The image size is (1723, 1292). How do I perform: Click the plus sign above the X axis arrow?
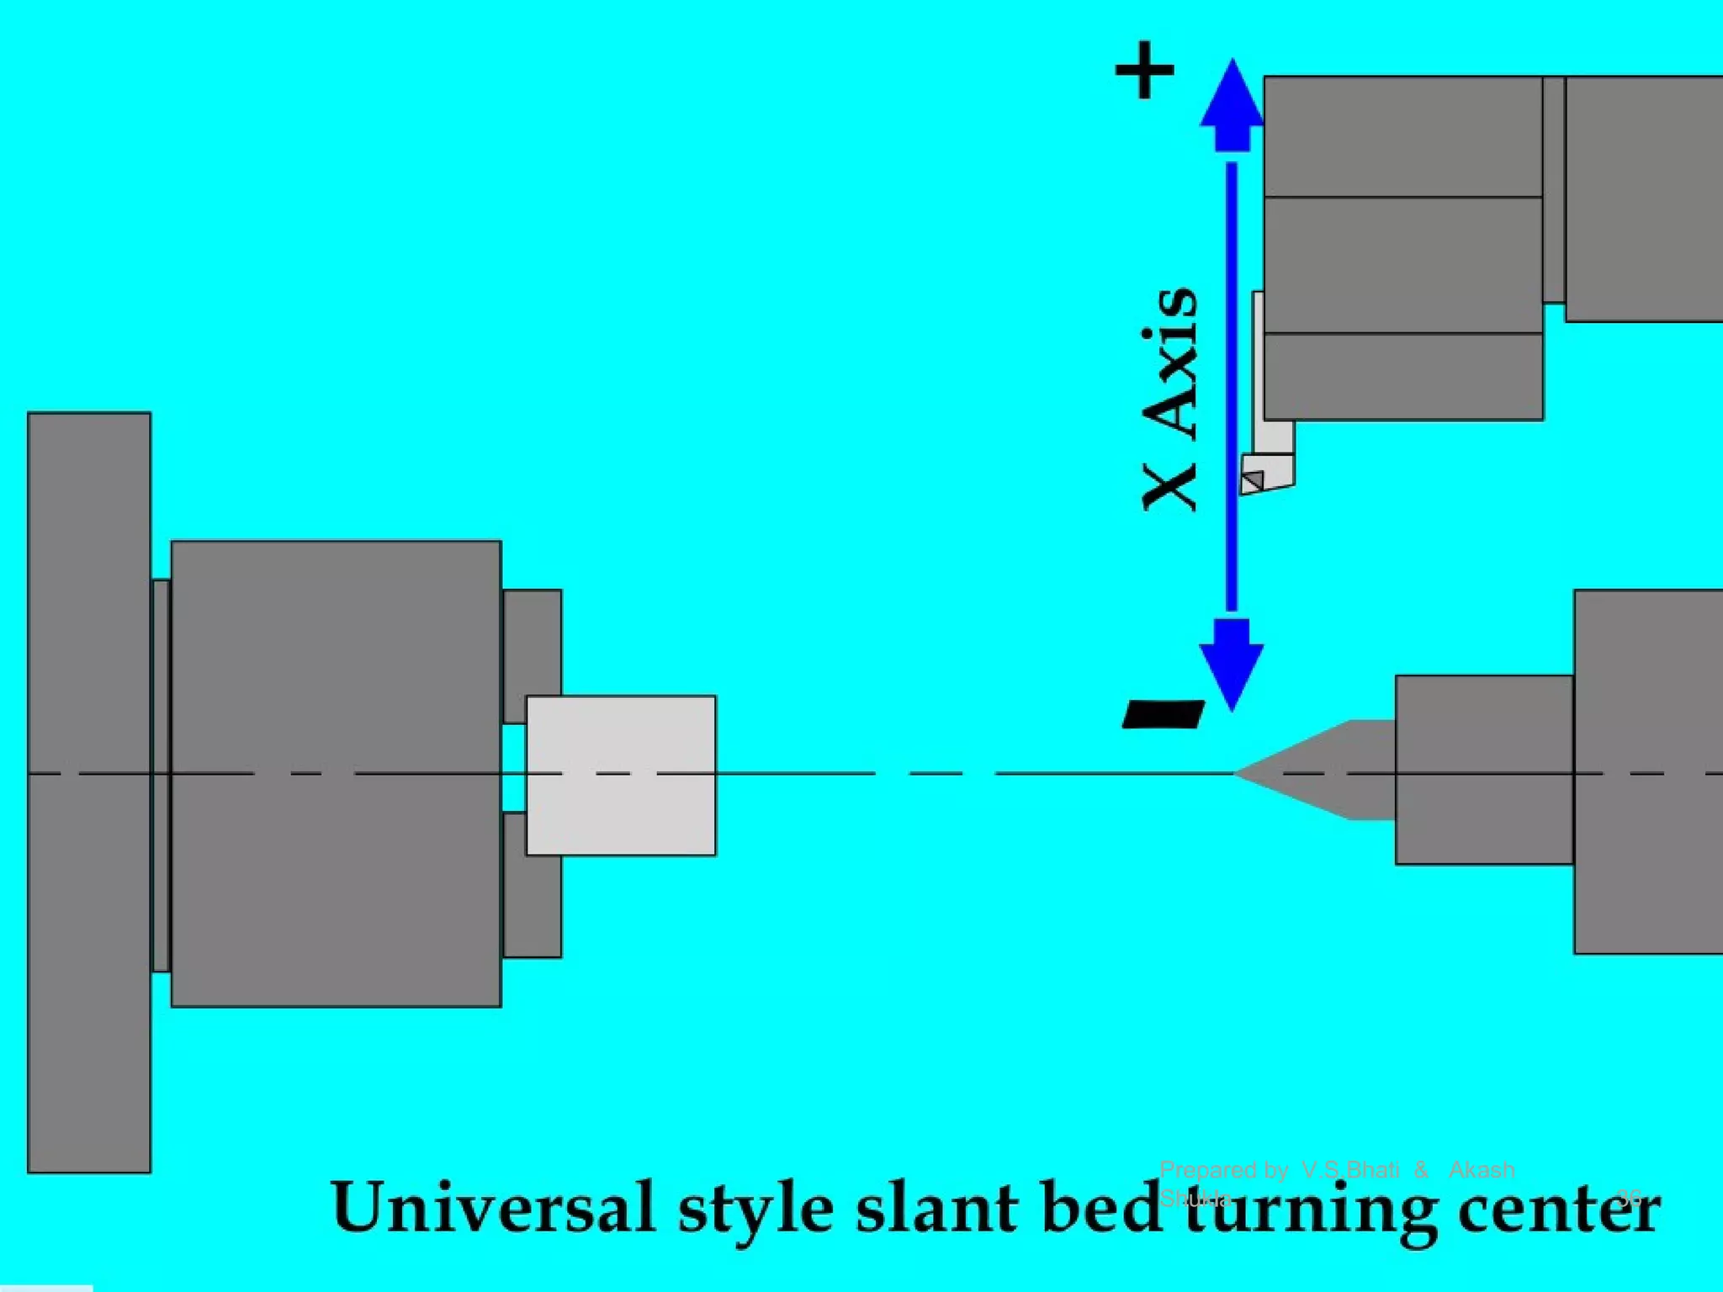tap(1145, 70)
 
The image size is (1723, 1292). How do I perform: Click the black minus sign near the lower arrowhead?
tap(1164, 714)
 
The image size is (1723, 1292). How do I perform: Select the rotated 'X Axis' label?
tap(1169, 400)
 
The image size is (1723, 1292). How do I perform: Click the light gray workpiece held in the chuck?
tap(621, 775)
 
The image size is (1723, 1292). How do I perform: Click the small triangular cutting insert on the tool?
tap(1254, 481)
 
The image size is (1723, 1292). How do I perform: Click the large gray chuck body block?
tap(336, 774)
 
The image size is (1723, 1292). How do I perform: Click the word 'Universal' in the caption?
tap(493, 1209)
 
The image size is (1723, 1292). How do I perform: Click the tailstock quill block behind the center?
tap(1484, 770)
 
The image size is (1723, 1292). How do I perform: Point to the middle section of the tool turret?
tap(1403, 265)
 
